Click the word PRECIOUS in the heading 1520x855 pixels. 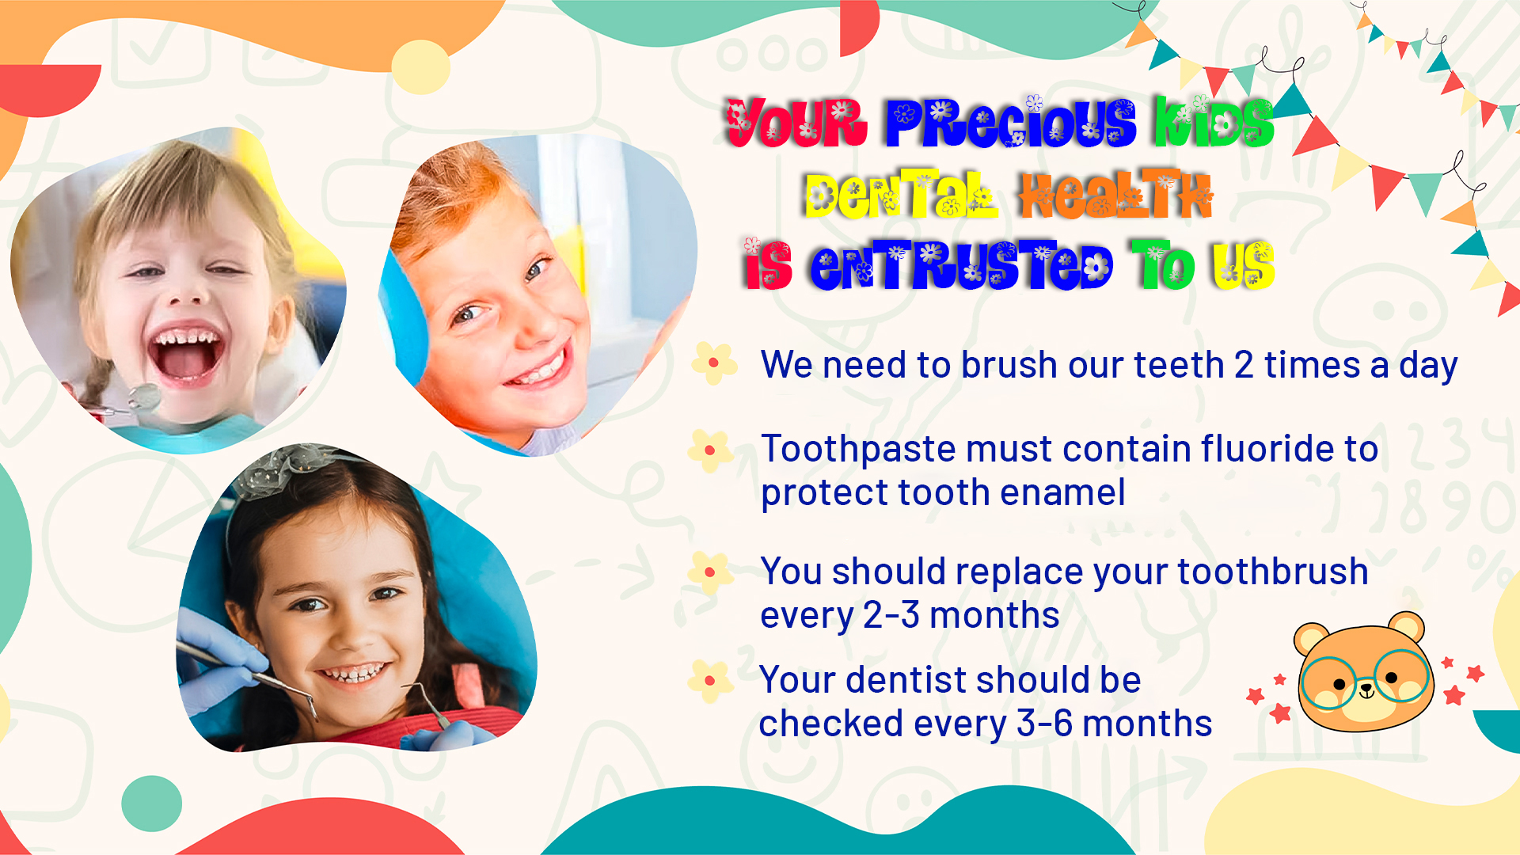(x=1010, y=123)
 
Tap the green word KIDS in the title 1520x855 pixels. (x=1213, y=122)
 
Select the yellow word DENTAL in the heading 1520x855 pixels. (x=901, y=194)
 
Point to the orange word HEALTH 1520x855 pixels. (x=1115, y=195)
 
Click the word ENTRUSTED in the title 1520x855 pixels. (x=961, y=265)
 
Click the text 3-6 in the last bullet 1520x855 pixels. (x=1045, y=724)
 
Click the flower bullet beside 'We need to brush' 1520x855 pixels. (x=714, y=363)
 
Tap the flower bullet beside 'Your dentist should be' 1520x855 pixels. (x=710, y=681)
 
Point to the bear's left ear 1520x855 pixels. (x=1311, y=637)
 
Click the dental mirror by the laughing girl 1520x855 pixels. (x=142, y=396)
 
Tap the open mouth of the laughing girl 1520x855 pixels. (x=187, y=353)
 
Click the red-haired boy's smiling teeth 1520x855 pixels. (x=538, y=369)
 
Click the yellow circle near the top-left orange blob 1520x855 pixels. (x=420, y=67)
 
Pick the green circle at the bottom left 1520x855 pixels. (x=151, y=804)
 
